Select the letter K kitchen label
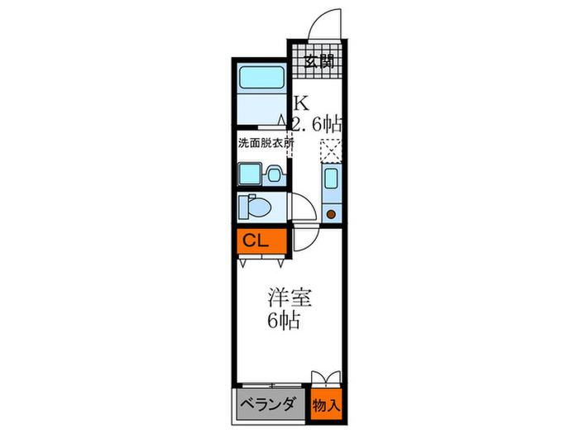(299, 104)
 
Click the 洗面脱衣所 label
(266, 142)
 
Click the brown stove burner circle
(331, 214)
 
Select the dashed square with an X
(330, 150)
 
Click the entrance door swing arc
(323, 23)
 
